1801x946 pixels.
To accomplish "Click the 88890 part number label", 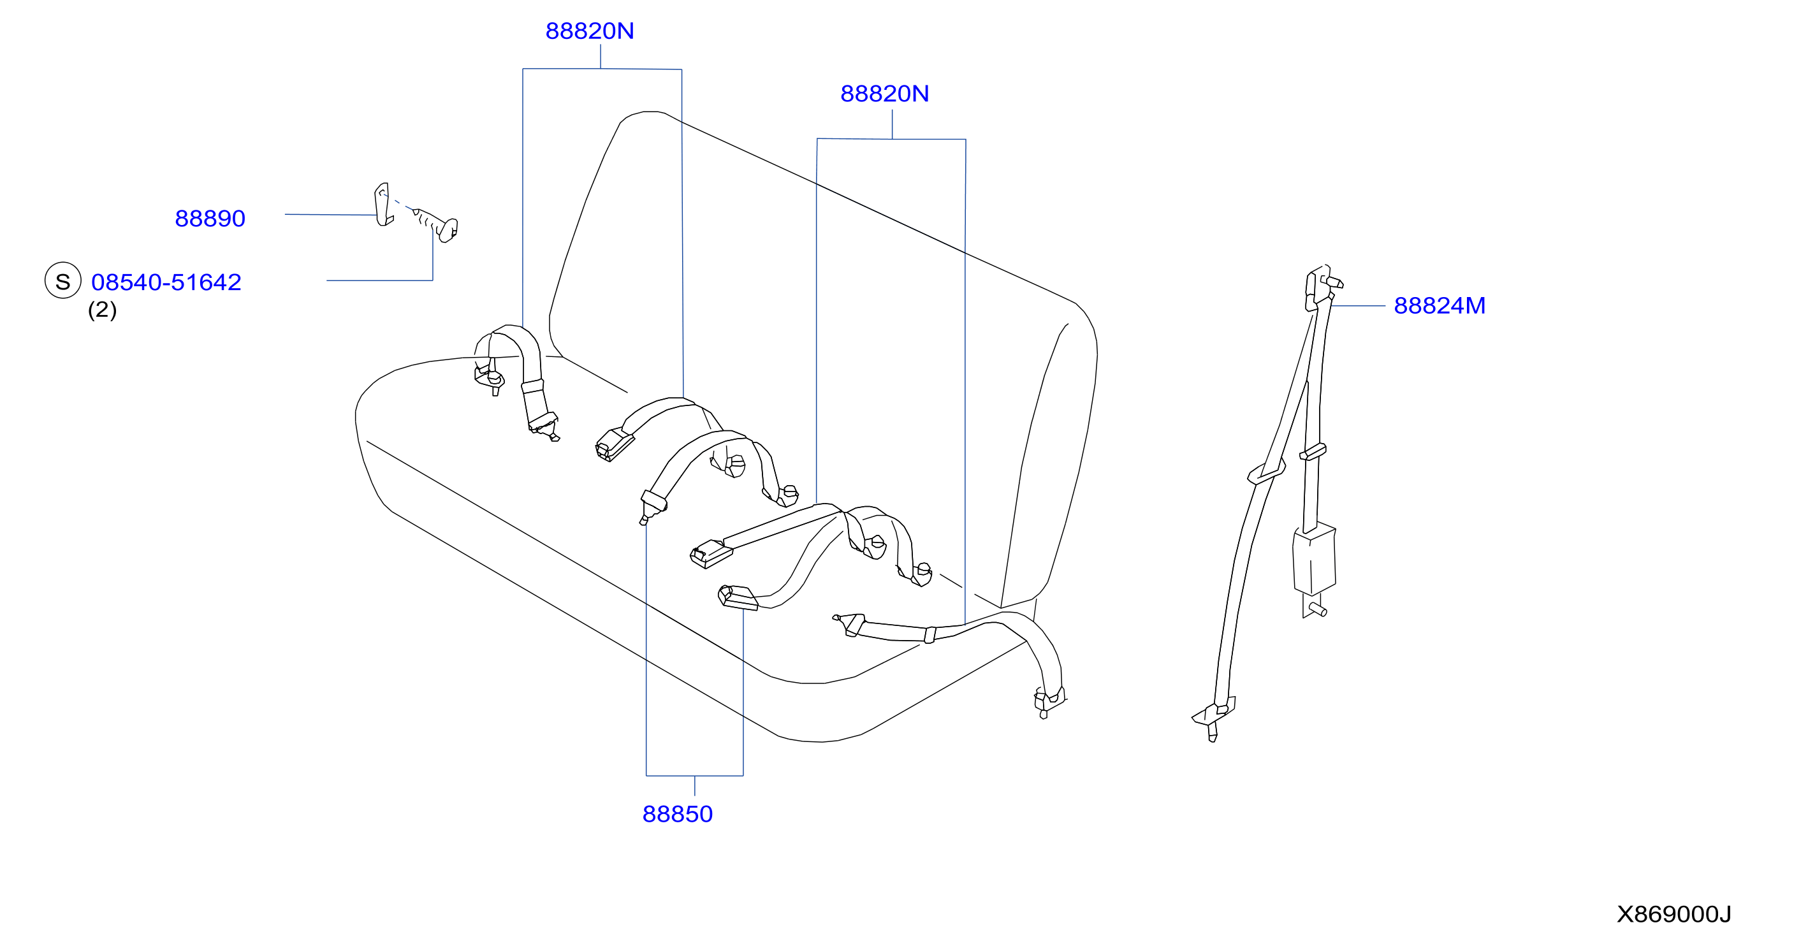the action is click(210, 219).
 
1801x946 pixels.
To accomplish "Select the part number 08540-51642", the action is click(166, 282).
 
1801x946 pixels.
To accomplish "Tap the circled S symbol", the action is click(63, 281).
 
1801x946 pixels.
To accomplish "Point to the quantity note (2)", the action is click(102, 310).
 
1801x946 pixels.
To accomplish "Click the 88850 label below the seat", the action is click(678, 815).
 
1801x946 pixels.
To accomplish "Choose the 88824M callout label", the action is click(1440, 305).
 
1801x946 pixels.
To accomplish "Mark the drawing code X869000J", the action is click(1673, 915).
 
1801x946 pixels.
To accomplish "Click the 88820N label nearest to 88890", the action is click(589, 31).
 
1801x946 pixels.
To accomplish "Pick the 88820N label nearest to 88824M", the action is click(884, 94).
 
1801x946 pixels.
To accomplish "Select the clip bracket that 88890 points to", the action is click(383, 205).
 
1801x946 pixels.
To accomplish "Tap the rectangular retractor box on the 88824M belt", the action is click(1315, 558).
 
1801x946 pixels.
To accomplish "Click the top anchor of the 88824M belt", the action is click(1322, 287).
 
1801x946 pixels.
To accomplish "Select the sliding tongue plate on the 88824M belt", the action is click(1266, 472).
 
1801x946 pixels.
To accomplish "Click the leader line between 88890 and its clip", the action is click(330, 215).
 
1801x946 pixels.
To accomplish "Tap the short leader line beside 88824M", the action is click(1358, 306).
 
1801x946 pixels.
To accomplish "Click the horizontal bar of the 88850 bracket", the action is click(694, 776).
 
